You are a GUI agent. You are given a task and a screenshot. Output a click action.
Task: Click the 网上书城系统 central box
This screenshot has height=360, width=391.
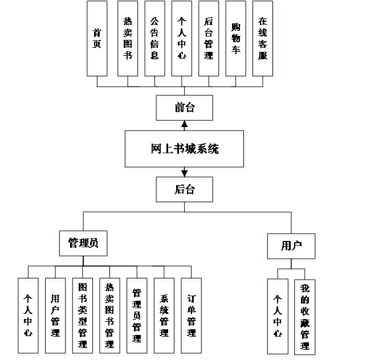coord(184,149)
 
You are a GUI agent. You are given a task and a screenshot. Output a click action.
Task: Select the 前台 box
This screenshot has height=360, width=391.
coord(184,108)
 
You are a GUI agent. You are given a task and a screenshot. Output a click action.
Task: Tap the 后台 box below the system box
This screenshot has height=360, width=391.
coord(184,190)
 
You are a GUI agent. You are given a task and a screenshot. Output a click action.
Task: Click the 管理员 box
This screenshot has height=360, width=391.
coord(83,243)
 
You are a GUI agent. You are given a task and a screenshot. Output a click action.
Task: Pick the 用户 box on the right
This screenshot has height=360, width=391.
coord(291,246)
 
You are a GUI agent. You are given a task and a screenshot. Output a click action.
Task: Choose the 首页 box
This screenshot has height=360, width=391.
coord(97,39)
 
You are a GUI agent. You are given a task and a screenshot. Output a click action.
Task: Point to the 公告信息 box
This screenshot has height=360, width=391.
coord(154,39)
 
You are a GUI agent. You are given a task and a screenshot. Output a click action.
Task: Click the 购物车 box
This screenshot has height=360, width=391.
coord(235,39)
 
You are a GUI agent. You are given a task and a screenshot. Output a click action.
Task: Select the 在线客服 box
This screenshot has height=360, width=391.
coord(262,39)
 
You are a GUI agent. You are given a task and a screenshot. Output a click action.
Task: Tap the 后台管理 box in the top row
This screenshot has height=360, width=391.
coord(209,39)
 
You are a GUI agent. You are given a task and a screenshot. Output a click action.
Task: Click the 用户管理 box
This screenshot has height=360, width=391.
coord(55,315)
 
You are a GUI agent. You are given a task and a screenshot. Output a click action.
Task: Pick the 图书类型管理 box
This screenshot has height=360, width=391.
coord(82,315)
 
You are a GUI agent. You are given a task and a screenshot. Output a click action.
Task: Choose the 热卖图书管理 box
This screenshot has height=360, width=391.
coord(109,315)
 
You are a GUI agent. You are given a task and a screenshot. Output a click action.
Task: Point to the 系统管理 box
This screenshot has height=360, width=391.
coord(164,315)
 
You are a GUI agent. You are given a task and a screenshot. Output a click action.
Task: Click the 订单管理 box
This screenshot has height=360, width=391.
coord(191,315)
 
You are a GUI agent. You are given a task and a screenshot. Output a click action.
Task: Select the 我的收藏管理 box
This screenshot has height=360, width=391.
coord(305,316)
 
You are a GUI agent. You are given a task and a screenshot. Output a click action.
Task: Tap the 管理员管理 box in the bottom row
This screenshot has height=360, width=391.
coord(137,315)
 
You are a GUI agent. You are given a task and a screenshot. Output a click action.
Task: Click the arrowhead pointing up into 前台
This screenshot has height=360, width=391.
coord(184,124)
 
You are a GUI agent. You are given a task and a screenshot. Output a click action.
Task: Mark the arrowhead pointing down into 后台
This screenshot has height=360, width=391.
coord(184,173)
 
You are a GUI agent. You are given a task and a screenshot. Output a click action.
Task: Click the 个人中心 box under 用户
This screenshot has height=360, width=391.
coord(278,316)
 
